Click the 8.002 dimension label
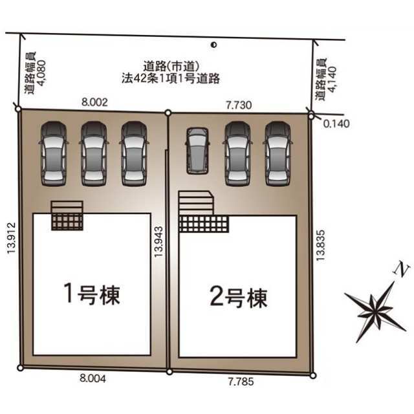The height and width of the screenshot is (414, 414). click(x=94, y=102)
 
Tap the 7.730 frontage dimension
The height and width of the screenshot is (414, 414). click(x=239, y=105)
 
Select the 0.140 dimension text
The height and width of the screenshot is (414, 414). click(x=336, y=124)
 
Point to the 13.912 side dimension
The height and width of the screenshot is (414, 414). click(x=12, y=238)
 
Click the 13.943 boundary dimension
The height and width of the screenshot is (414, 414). click(x=158, y=241)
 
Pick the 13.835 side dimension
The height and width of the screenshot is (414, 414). click(x=320, y=245)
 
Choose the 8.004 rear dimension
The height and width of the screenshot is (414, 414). click(x=93, y=378)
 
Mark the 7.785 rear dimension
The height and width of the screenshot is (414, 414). click(x=241, y=381)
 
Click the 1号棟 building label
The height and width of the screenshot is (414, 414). click(x=92, y=294)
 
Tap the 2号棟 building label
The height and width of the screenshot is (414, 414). click(x=239, y=297)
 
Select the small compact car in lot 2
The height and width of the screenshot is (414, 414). click(x=197, y=151)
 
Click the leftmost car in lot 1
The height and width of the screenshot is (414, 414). click(x=54, y=154)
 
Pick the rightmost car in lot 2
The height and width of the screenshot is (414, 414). click(x=278, y=154)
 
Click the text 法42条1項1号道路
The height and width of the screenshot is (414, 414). click(x=171, y=78)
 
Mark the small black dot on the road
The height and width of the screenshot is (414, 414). click(x=213, y=45)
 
